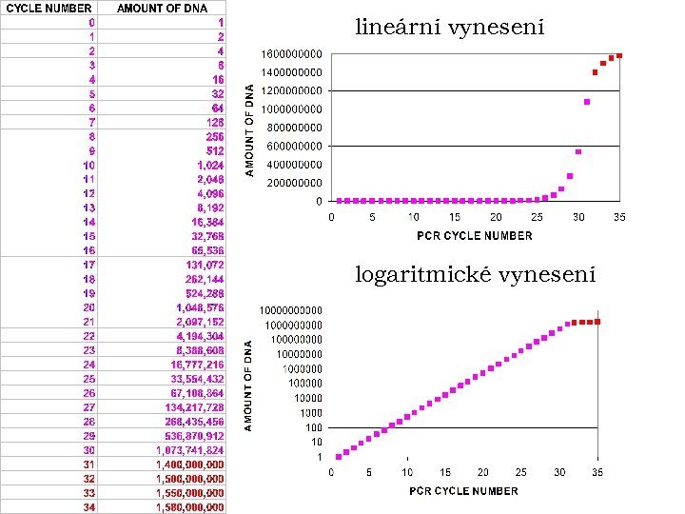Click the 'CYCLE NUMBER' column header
click(49, 9)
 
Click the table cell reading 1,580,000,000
click(190, 507)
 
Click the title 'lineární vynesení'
click(449, 28)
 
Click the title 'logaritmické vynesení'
click(476, 275)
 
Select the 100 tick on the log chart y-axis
click(313, 427)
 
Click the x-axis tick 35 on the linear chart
click(619, 217)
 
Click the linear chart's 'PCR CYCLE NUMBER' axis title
click(474, 235)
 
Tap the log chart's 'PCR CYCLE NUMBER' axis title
click(464, 491)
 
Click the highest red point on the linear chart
click(619, 55)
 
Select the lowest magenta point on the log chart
click(338, 457)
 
